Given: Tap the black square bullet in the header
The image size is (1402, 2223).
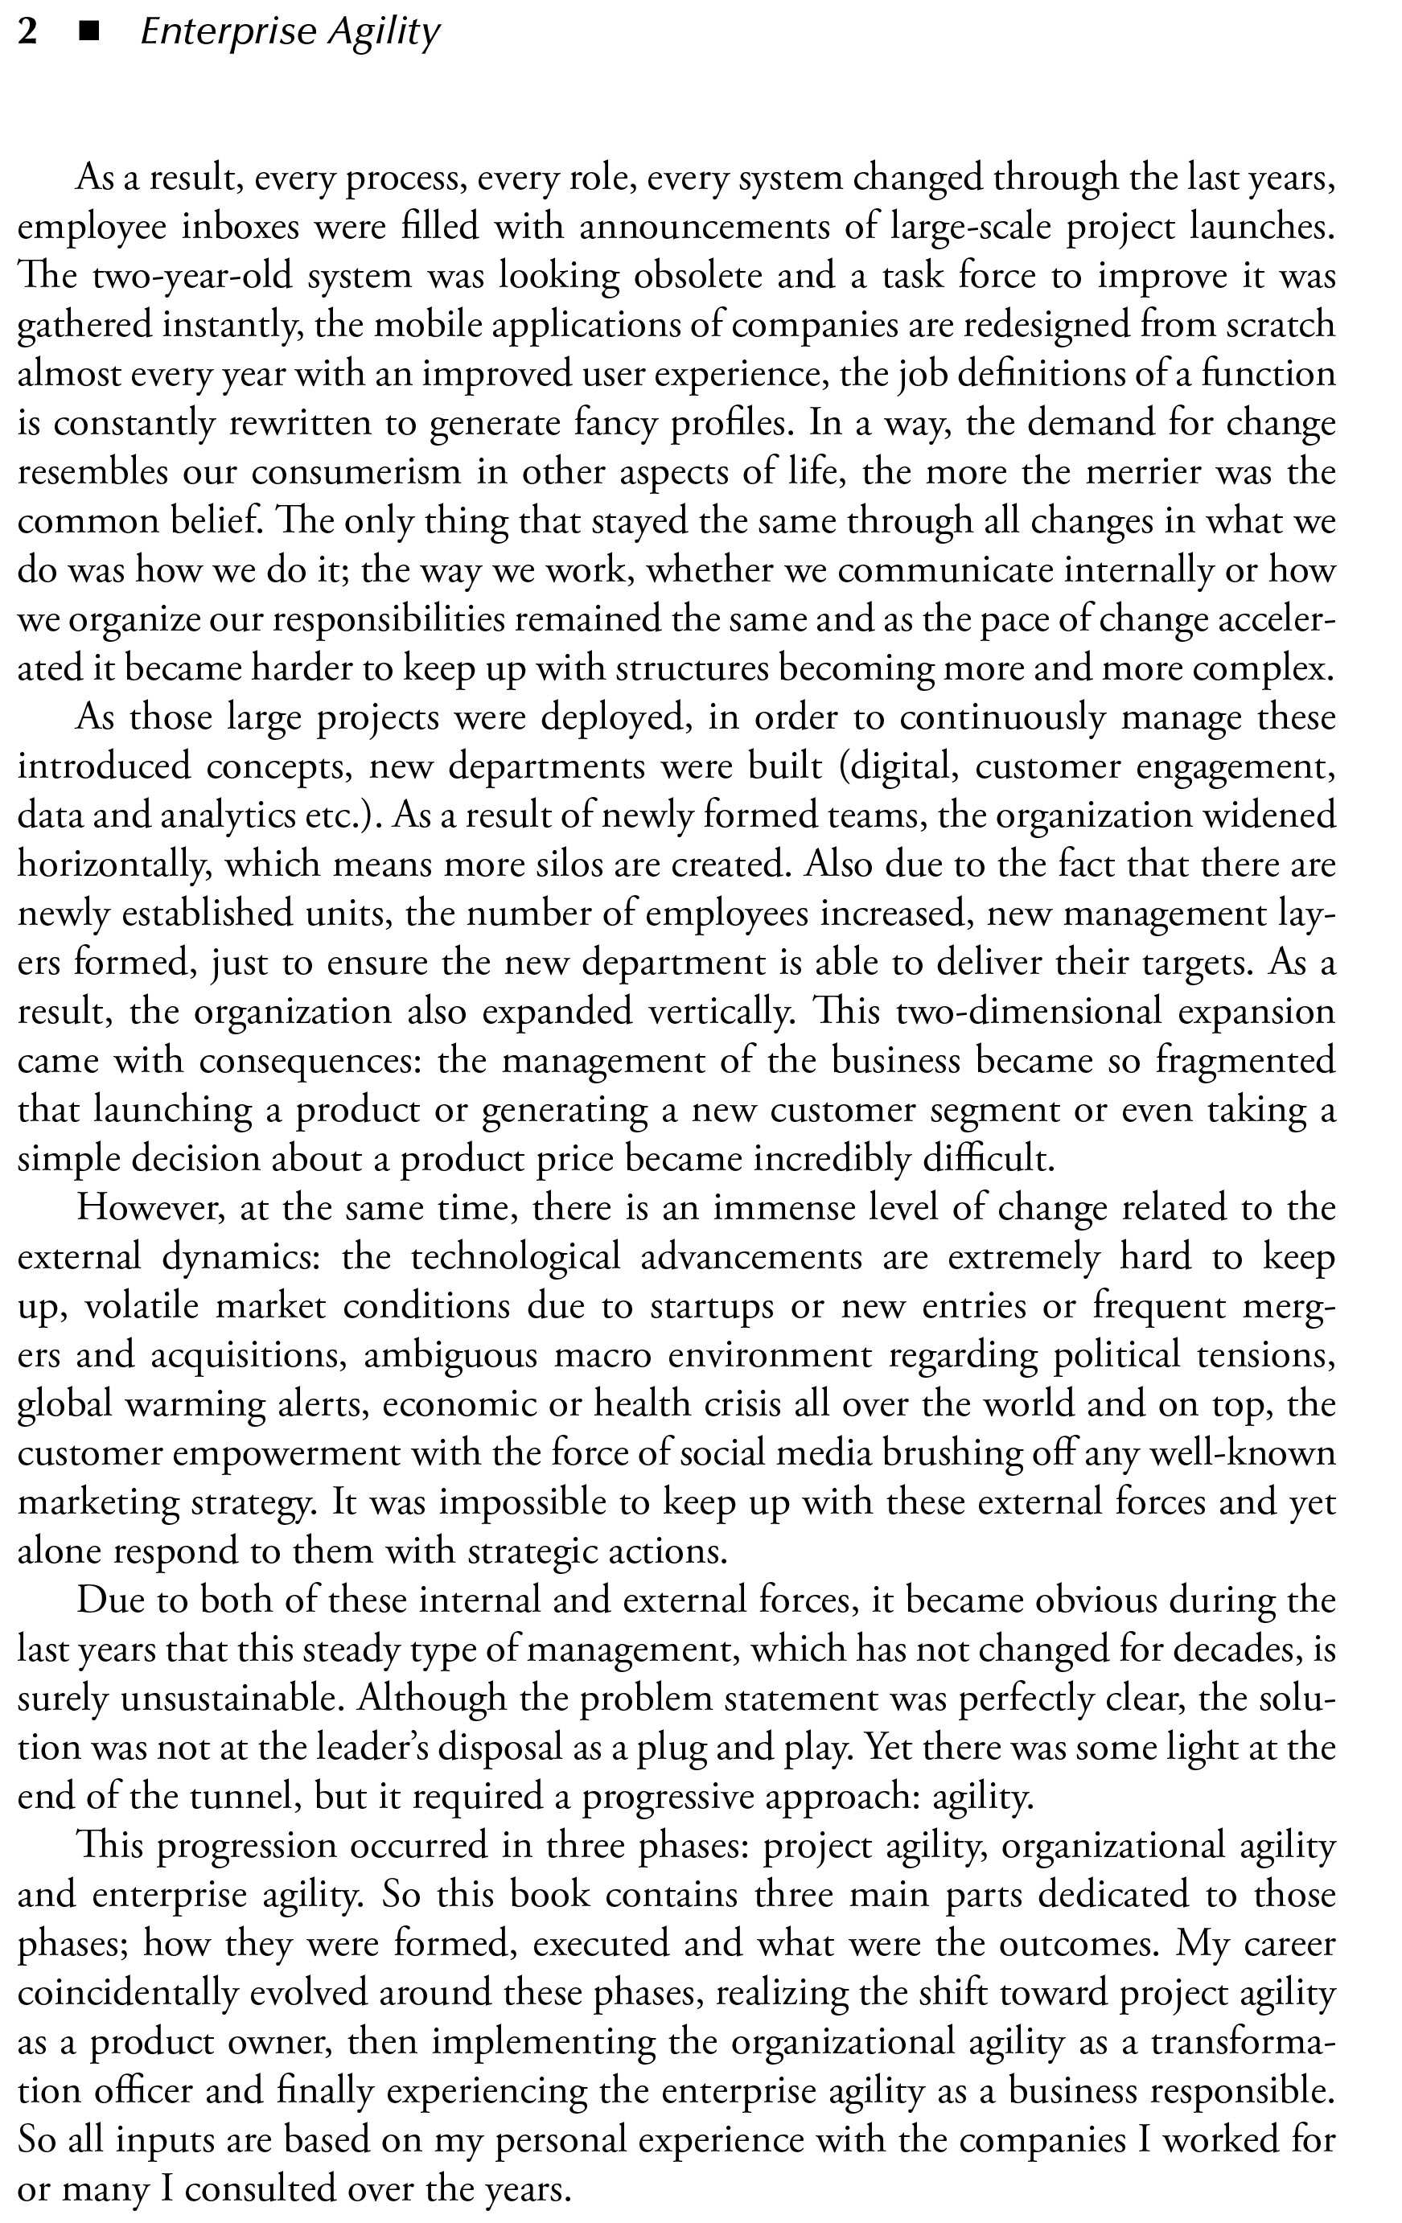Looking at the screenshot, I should click(x=88, y=34).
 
